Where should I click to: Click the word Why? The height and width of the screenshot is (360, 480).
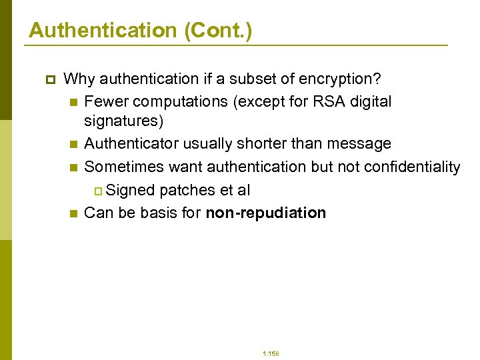click(x=79, y=79)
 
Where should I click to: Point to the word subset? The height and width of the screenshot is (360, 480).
click(x=251, y=79)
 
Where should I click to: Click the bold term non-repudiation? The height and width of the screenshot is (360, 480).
click(x=266, y=213)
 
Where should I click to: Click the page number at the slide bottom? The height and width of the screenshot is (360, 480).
click(x=271, y=353)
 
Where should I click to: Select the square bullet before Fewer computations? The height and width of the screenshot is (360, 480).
click(x=73, y=102)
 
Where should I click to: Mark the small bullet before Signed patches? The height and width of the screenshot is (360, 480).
click(x=98, y=191)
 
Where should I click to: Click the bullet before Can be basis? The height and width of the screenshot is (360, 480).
click(x=73, y=214)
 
